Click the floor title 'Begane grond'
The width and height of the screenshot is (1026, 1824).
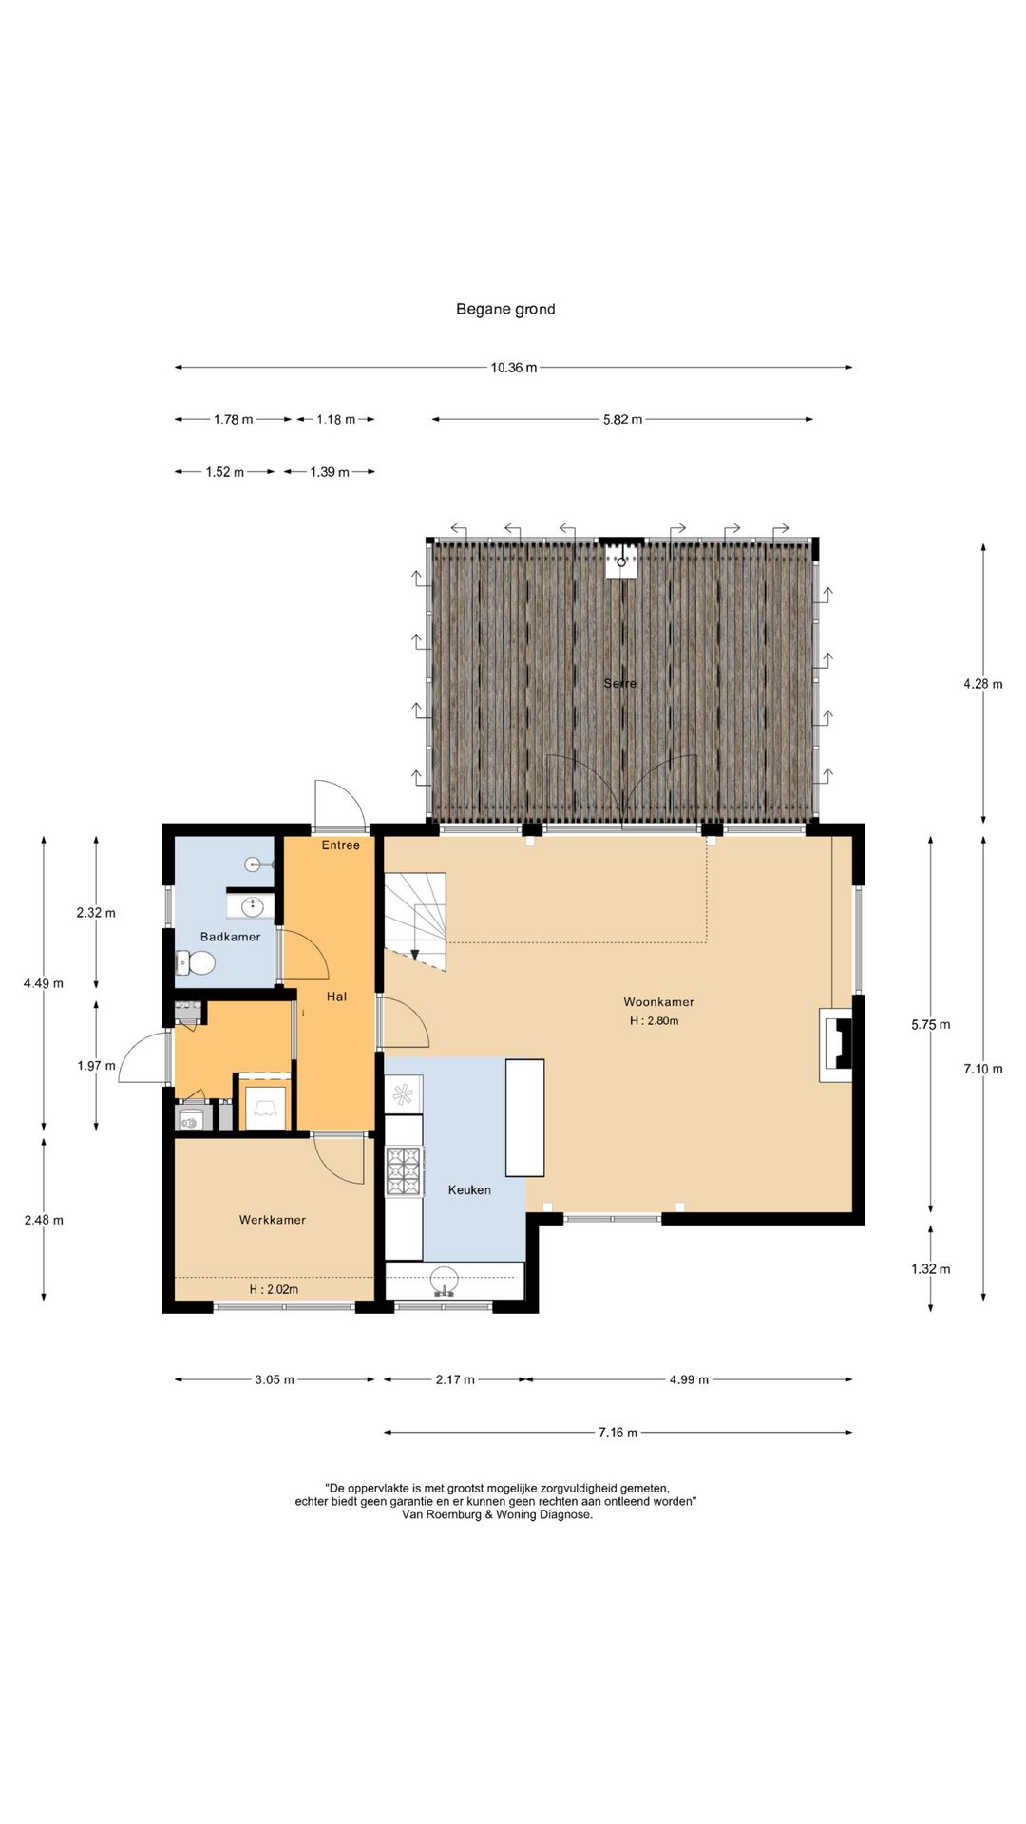pyautogui.click(x=505, y=309)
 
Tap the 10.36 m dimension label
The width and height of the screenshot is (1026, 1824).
pyautogui.click(x=514, y=368)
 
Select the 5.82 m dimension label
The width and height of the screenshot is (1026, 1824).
pyautogui.click(x=622, y=419)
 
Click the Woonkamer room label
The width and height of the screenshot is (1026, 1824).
pyautogui.click(x=658, y=1001)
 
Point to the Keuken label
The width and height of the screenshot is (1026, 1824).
pyautogui.click(x=469, y=1189)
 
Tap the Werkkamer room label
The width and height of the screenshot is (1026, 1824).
pyautogui.click(x=273, y=1220)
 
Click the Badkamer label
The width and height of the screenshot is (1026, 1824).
pyautogui.click(x=230, y=937)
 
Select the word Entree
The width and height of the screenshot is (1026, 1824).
pyautogui.click(x=341, y=845)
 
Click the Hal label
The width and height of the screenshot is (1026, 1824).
pyautogui.click(x=336, y=997)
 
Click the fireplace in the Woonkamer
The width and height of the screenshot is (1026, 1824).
pyautogui.click(x=836, y=1044)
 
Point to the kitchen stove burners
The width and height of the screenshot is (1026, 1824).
pyautogui.click(x=404, y=1171)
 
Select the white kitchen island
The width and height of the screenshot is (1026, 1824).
pyautogui.click(x=524, y=1118)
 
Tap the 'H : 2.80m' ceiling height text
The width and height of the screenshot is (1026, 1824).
pyautogui.click(x=654, y=1021)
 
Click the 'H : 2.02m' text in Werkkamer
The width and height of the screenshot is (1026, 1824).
pyautogui.click(x=274, y=1289)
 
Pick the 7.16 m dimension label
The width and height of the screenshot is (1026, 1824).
pyautogui.click(x=617, y=1433)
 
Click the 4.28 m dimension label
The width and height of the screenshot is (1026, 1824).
pyautogui.click(x=983, y=684)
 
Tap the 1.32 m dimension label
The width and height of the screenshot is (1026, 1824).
pyautogui.click(x=931, y=1269)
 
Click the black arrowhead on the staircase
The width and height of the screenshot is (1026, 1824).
pyautogui.click(x=414, y=955)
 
